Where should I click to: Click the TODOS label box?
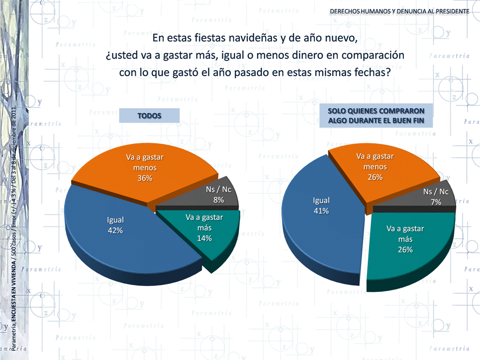pos(149,116)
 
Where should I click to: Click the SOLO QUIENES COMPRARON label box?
pos(376,116)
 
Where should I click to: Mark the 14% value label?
pos(204,238)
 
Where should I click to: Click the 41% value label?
pos(321,211)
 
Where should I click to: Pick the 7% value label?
pos(436,202)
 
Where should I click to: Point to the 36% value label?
pos(145,178)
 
